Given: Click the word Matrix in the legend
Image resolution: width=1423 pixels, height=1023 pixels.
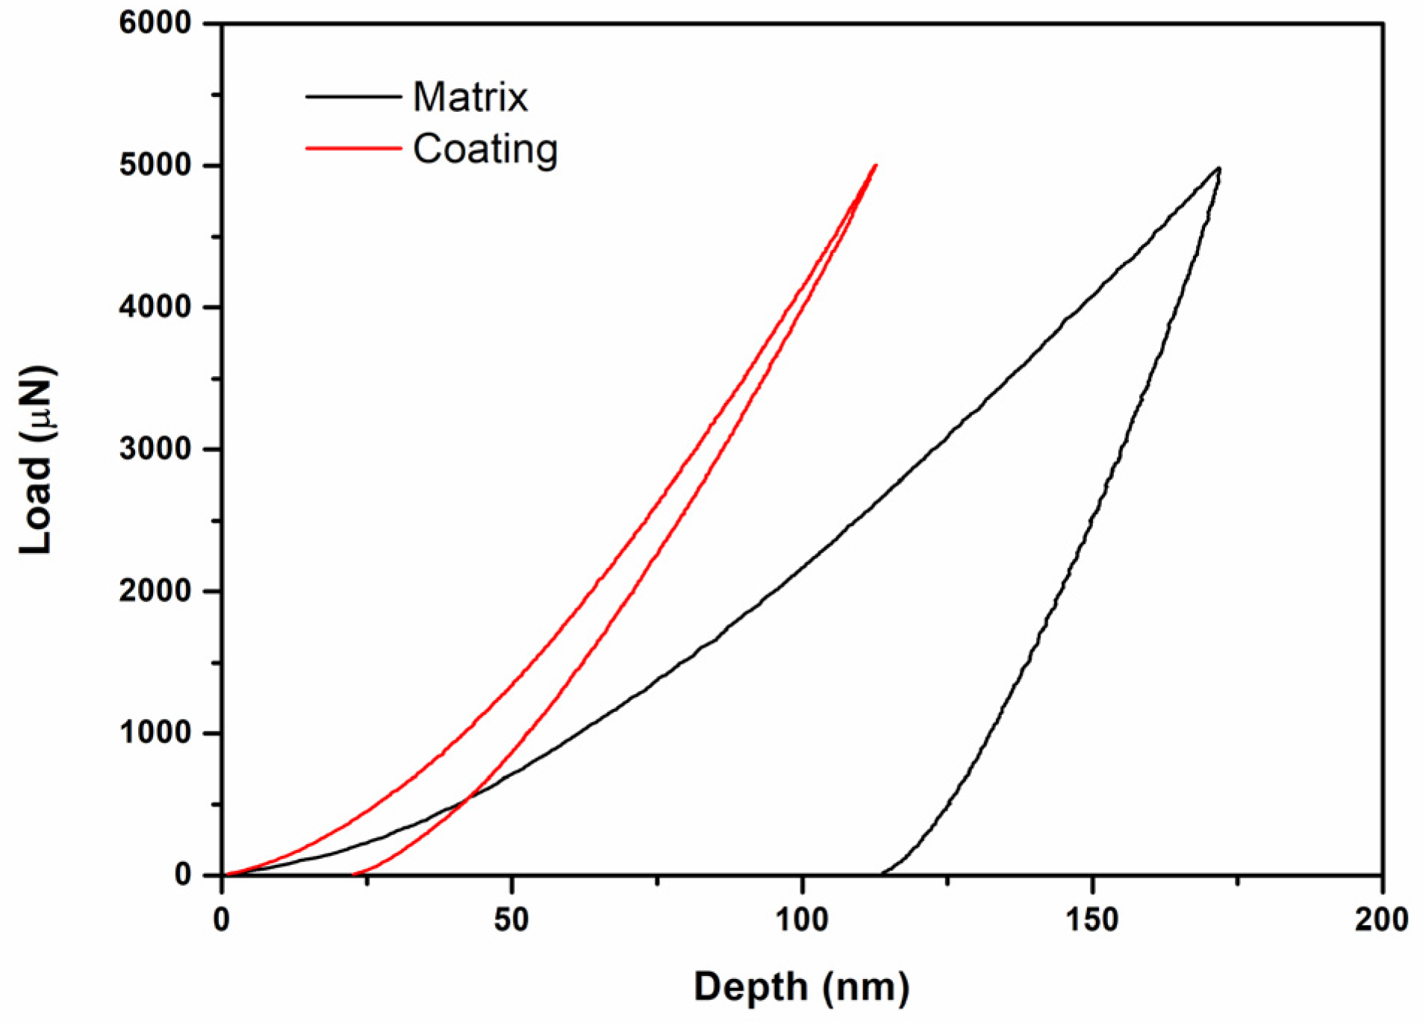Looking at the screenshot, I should [470, 97].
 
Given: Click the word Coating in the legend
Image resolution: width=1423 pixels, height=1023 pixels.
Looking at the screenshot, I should [485, 149].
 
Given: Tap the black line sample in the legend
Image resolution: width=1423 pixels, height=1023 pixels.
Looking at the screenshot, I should [353, 96].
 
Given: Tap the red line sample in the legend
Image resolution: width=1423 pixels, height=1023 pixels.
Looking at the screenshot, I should [353, 148].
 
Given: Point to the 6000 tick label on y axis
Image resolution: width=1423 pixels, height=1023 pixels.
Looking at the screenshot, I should [155, 23].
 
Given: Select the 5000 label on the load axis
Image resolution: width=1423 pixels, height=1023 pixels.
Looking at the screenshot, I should [155, 165].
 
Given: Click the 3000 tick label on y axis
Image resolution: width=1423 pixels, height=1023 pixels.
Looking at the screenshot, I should [155, 449].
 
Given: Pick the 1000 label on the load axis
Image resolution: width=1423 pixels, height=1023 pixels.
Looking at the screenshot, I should [155, 733].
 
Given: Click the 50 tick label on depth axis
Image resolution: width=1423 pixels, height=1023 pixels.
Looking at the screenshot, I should [512, 920].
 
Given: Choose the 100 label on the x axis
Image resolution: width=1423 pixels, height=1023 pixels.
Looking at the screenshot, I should [802, 920].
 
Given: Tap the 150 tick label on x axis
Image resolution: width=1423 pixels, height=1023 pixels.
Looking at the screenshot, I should [1092, 920].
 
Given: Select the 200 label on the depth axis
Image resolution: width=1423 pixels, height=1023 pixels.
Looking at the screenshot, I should [1381, 920].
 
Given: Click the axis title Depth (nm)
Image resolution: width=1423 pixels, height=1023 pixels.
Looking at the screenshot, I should [801, 987].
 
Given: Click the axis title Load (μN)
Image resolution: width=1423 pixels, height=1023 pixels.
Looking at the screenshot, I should [36, 460].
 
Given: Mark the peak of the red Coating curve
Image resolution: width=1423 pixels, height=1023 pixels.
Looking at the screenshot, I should [875, 165].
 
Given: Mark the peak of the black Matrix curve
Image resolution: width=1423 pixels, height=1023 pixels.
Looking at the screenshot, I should [1218, 168].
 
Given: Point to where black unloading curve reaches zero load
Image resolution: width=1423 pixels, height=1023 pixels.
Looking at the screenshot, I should [882, 874].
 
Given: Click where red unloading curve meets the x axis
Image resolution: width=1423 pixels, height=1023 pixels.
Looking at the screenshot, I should [354, 874].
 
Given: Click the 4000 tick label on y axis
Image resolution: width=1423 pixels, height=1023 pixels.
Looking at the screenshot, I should [155, 307].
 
